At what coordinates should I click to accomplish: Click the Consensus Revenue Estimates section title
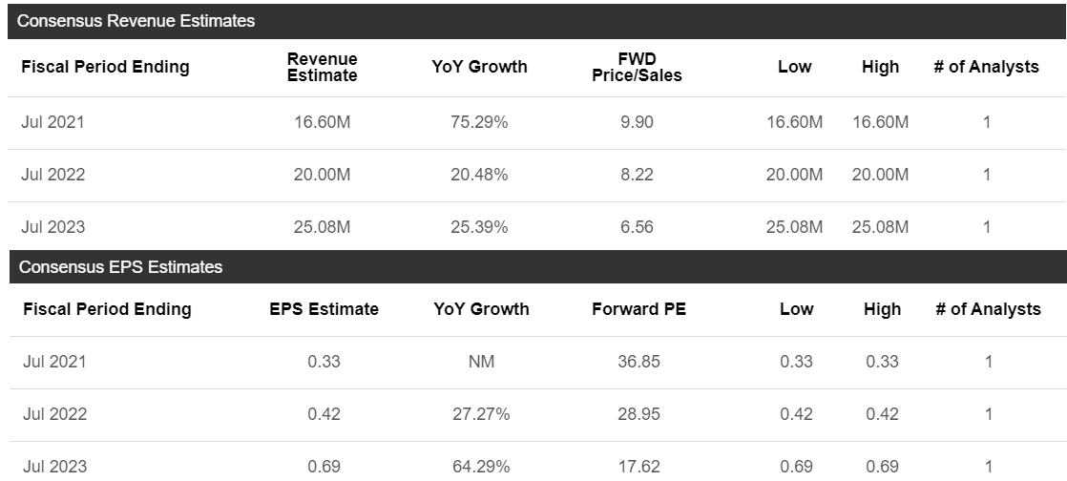click(136, 21)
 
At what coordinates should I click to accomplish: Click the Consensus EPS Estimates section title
click(120, 267)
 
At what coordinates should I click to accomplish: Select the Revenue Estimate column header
click(323, 67)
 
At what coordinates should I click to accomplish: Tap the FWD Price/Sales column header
click(637, 67)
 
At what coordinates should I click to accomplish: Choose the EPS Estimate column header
click(324, 309)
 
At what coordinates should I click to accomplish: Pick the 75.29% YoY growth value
click(479, 122)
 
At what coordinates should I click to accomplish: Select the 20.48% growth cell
click(479, 175)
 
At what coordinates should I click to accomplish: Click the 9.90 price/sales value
click(637, 122)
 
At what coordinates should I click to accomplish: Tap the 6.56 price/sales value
click(637, 227)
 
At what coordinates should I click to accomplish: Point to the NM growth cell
click(481, 362)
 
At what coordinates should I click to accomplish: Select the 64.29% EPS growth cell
click(481, 467)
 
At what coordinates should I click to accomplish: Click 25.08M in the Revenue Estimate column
click(323, 227)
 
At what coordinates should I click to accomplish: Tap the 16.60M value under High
click(880, 122)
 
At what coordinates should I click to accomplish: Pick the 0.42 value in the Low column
click(796, 414)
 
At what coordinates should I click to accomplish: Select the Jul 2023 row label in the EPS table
click(53, 467)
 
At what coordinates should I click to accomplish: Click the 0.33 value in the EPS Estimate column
click(324, 362)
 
